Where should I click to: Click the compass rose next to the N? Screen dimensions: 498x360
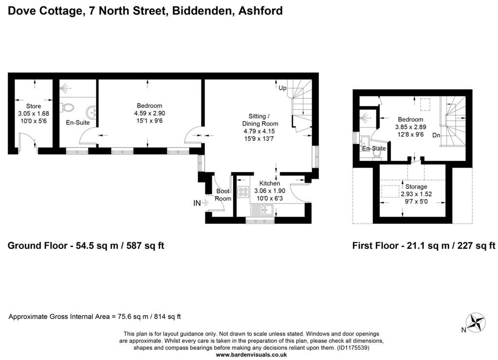click(476, 323)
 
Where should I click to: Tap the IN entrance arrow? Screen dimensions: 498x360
click(205, 202)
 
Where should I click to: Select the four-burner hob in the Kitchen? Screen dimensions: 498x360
click(244, 192)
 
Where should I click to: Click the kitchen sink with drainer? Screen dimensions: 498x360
click(262, 210)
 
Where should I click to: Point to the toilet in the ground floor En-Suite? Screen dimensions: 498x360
click(67, 108)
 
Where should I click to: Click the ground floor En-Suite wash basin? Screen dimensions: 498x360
click(91, 112)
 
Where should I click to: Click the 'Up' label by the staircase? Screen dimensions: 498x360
click(283, 88)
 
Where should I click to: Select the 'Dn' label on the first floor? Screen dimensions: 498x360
click(436, 135)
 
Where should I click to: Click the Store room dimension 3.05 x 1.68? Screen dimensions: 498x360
click(34, 113)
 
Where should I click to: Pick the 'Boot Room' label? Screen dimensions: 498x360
click(223, 195)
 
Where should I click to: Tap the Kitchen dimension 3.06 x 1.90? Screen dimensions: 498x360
click(269, 191)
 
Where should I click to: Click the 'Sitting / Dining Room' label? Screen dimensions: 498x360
click(260, 120)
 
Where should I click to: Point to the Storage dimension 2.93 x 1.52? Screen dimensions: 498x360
click(416, 194)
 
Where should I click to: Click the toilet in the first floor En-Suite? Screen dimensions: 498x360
click(377, 154)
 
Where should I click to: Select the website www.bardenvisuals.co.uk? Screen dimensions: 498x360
click(251, 355)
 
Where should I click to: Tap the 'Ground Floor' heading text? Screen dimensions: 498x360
click(37, 246)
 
